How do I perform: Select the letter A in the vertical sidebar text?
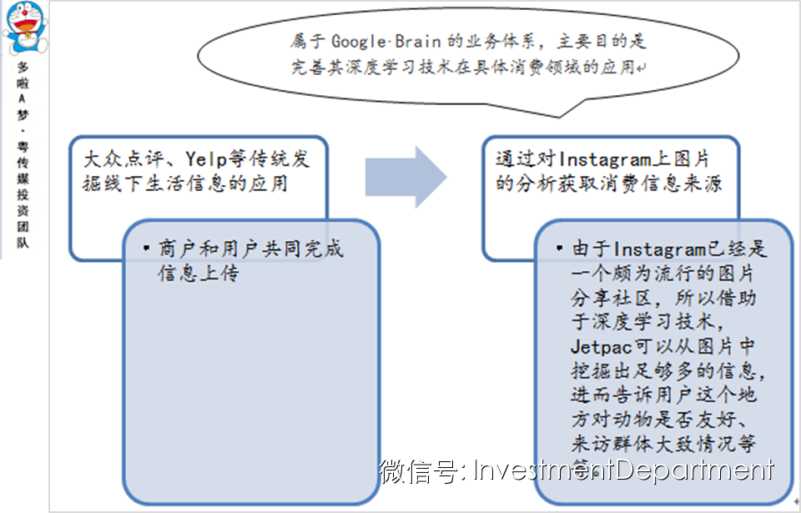[23, 97]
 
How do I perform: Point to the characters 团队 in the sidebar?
[23, 235]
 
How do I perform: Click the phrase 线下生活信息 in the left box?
[172, 184]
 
